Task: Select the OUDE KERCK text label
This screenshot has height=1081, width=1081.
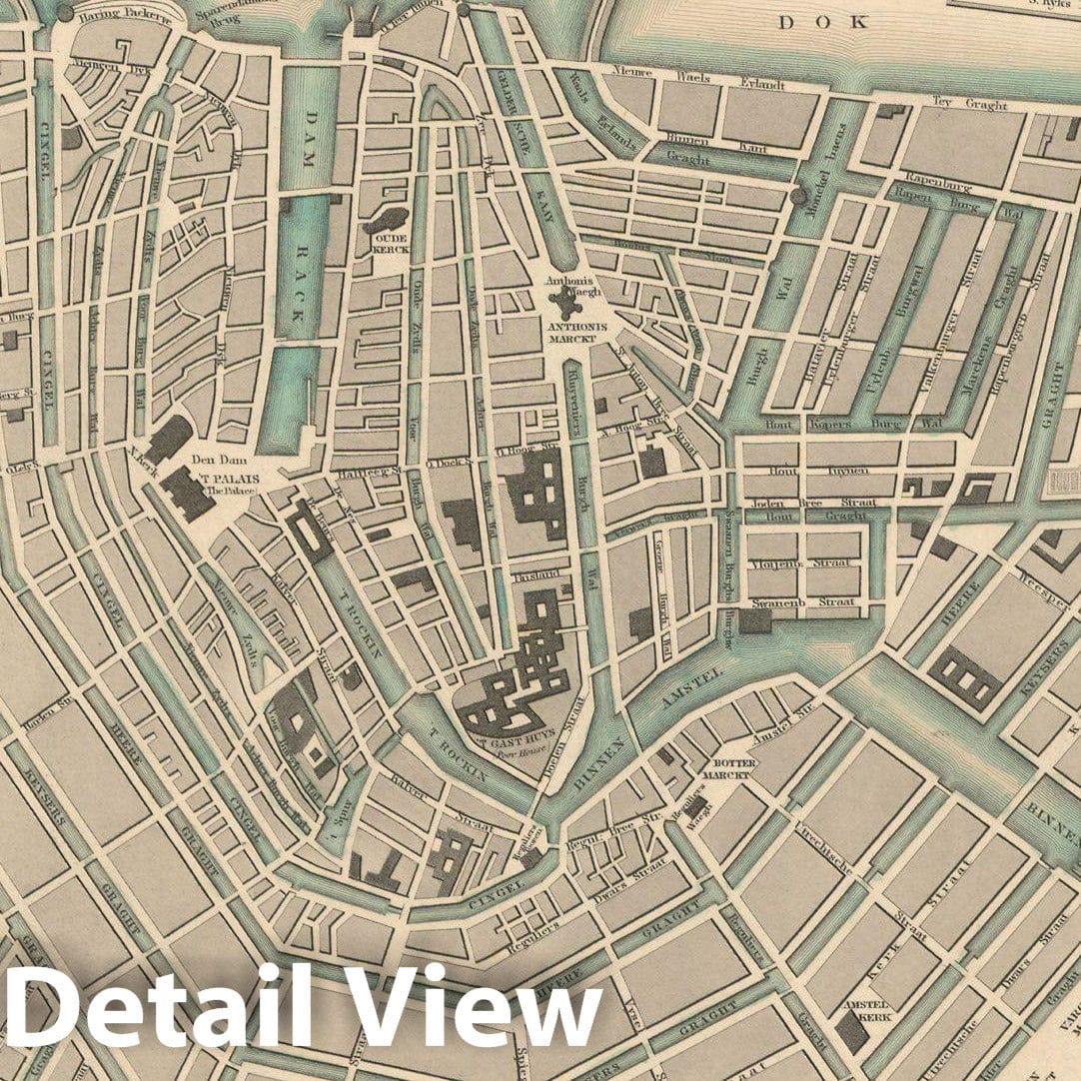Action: coord(386,247)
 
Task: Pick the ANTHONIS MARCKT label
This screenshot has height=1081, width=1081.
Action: coord(570,333)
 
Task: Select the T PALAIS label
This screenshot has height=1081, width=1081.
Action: coord(230,479)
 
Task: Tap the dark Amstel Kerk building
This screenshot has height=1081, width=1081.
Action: coord(852,1031)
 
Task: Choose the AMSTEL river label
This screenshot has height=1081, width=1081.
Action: coord(689,692)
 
